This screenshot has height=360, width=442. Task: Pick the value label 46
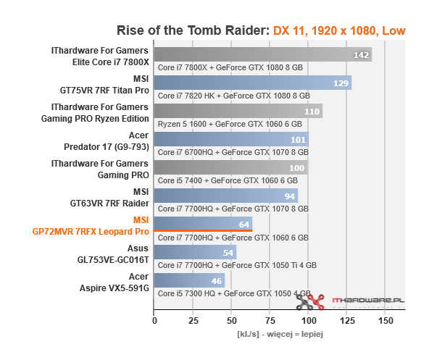coord(216,281)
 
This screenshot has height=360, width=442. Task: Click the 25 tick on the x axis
coord(193,320)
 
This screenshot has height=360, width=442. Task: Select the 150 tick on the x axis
coord(386,320)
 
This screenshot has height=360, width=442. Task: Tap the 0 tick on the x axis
coord(154,320)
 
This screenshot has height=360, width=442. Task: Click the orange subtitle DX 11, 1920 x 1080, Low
coord(339,31)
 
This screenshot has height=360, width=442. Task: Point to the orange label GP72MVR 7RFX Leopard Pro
coord(91,232)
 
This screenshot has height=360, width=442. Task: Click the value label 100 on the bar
coord(297,168)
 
